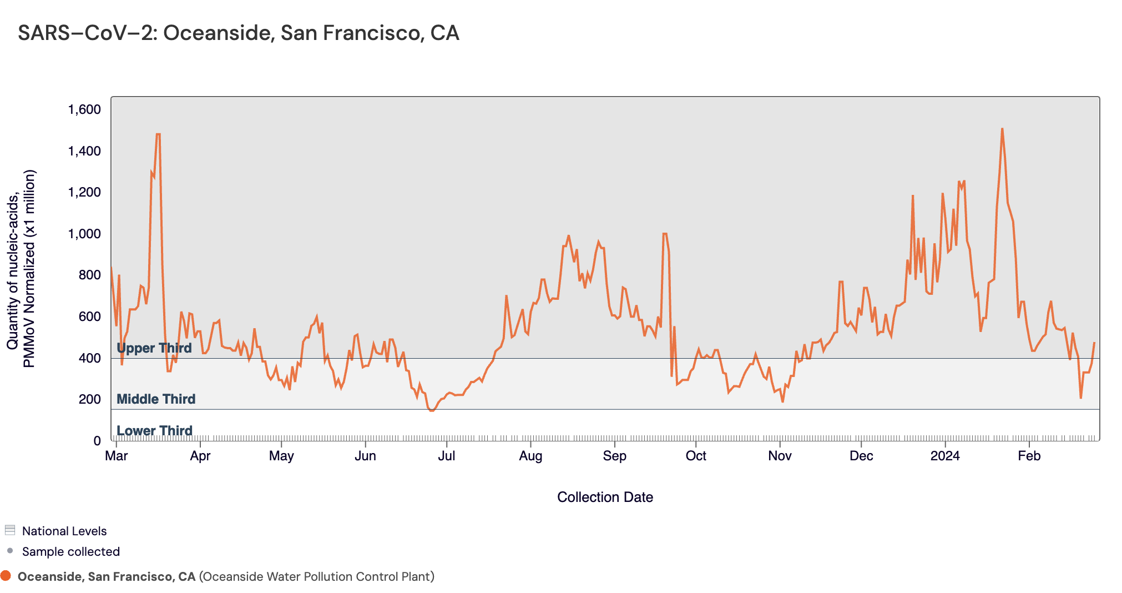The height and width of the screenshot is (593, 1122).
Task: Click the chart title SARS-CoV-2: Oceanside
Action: coord(239,33)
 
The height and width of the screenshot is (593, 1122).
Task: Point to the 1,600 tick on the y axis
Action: coord(84,109)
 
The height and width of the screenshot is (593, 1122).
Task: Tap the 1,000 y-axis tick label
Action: coord(84,234)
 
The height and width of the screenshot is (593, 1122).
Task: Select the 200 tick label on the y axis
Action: coord(89,399)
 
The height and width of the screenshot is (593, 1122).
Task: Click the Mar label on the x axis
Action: coord(116,456)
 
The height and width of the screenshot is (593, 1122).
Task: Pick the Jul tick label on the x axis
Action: coord(446,456)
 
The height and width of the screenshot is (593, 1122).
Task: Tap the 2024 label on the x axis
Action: coord(945,456)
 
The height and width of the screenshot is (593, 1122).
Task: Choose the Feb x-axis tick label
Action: coord(1029,456)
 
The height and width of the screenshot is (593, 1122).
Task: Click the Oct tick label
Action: coord(696,456)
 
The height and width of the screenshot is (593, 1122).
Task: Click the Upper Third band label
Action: coord(154,348)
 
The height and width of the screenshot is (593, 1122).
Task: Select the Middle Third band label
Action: coord(156,399)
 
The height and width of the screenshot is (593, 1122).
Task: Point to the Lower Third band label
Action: coord(154,431)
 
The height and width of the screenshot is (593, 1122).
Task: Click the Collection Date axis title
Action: coord(605,497)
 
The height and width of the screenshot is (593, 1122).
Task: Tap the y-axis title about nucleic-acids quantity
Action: coord(21,269)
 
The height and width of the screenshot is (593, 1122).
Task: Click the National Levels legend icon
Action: coord(9,530)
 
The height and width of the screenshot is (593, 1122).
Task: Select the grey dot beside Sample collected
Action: coord(9,551)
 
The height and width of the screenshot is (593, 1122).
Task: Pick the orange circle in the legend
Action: coord(6,576)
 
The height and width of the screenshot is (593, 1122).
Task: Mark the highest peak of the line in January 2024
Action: coord(1002,129)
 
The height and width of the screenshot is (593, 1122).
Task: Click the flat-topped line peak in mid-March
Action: coord(158,134)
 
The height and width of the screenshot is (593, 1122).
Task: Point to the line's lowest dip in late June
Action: coord(432,410)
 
